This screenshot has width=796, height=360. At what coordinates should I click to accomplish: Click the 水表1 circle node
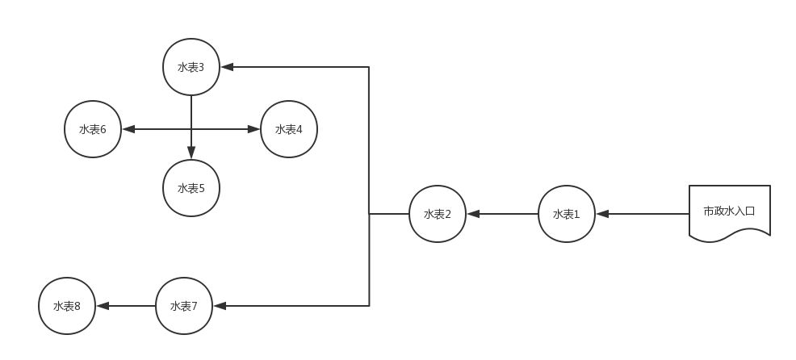coord(566,214)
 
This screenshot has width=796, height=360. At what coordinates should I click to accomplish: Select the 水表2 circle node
coord(437,214)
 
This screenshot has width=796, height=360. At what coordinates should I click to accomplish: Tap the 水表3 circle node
coord(191,67)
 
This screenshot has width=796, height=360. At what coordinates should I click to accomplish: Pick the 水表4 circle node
coord(289,129)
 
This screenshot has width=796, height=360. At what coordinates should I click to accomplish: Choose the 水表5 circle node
coord(191,188)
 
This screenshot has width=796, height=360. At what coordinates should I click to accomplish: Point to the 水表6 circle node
coord(93,129)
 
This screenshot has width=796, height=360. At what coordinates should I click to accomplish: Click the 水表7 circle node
coord(184,306)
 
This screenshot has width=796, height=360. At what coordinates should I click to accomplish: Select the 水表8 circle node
coord(67,306)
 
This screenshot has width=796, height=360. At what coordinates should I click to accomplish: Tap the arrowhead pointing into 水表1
coord(601,214)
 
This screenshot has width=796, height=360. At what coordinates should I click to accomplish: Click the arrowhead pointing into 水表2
coord(472,214)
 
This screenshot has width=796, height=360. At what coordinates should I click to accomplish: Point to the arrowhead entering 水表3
coord(226,67)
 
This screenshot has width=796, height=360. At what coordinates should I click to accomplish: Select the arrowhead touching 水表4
coord(255,129)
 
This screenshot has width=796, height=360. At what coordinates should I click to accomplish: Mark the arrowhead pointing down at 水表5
coord(191,153)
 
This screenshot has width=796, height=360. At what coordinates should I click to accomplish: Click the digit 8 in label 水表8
coord(78,307)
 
